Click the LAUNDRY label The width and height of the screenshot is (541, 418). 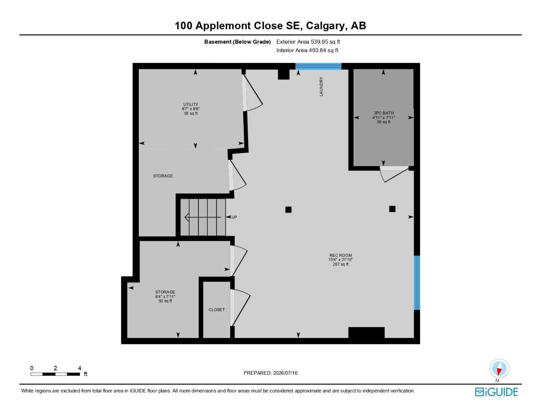click(321, 87)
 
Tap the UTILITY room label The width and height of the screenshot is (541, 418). click(191, 104)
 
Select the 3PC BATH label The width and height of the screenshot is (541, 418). click(384, 113)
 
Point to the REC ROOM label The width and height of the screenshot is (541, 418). click(341, 255)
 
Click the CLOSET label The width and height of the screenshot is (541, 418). click(216, 310)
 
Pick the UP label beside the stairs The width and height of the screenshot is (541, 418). click(234, 217)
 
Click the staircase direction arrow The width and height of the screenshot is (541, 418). click(203, 217)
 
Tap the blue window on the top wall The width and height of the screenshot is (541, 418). click(318, 66)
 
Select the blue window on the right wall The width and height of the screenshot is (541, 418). click(417, 282)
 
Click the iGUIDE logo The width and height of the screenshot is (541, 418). click(496, 392)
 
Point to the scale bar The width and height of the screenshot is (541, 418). click(55, 374)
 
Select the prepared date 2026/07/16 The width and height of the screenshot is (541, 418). click(285, 373)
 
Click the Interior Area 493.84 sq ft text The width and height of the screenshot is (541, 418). click(307, 50)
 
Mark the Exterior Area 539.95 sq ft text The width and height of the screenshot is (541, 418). click(308, 42)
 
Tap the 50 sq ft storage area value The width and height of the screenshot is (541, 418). click(165, 301)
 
